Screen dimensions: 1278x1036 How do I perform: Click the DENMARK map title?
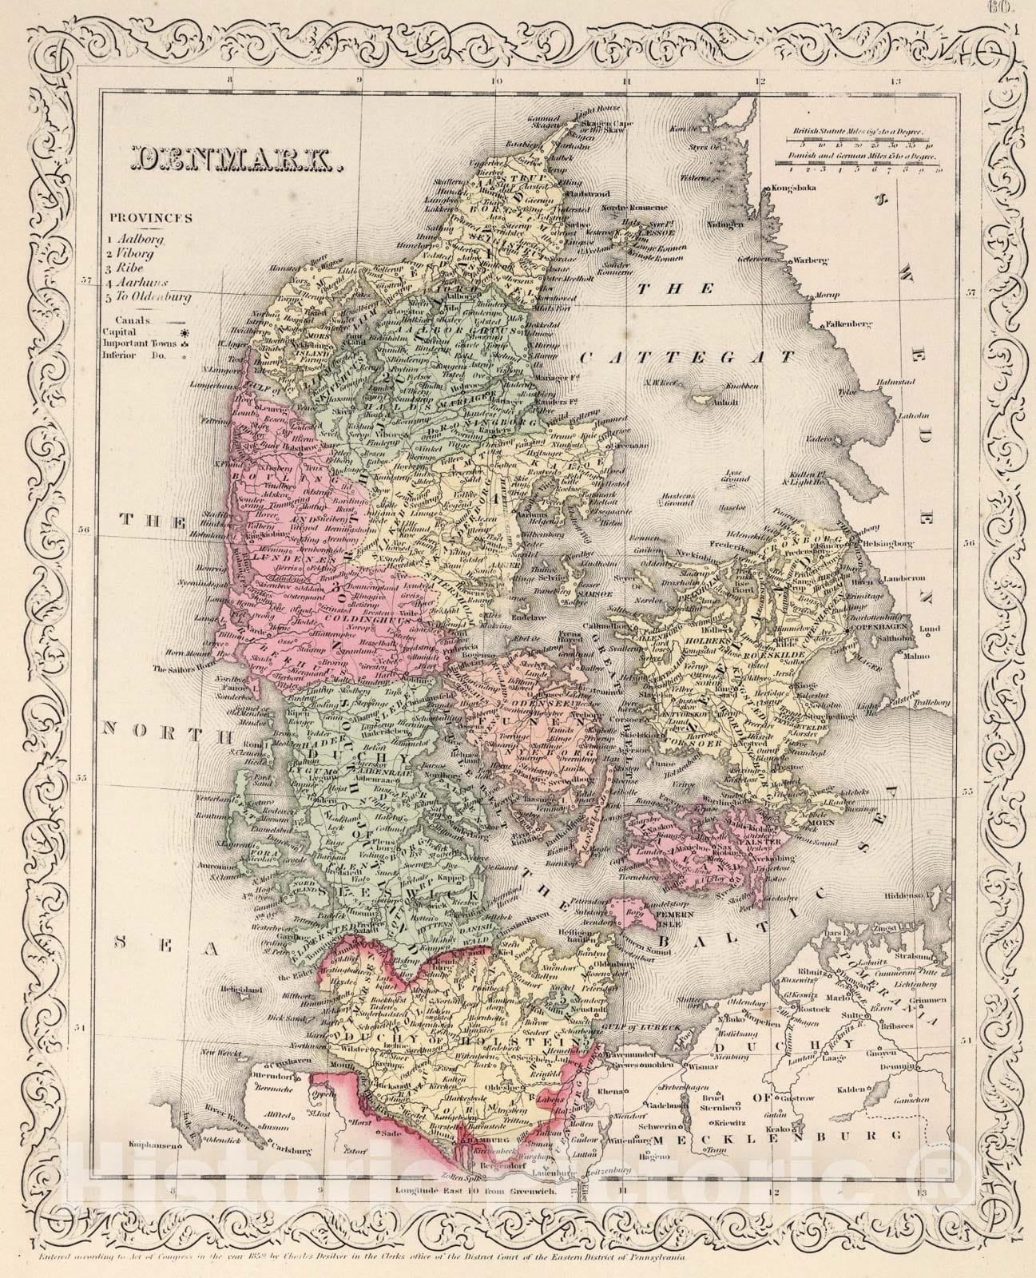pyautogui.click(x=232, y=159)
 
